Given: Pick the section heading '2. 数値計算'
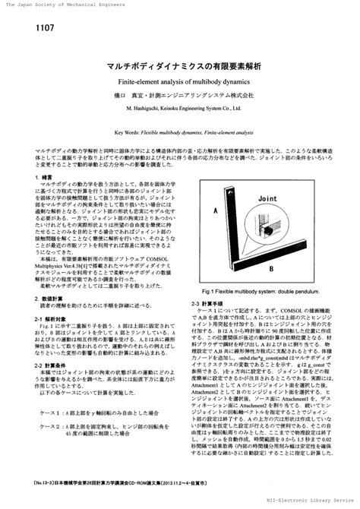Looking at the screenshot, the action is (x=49, y=299).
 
